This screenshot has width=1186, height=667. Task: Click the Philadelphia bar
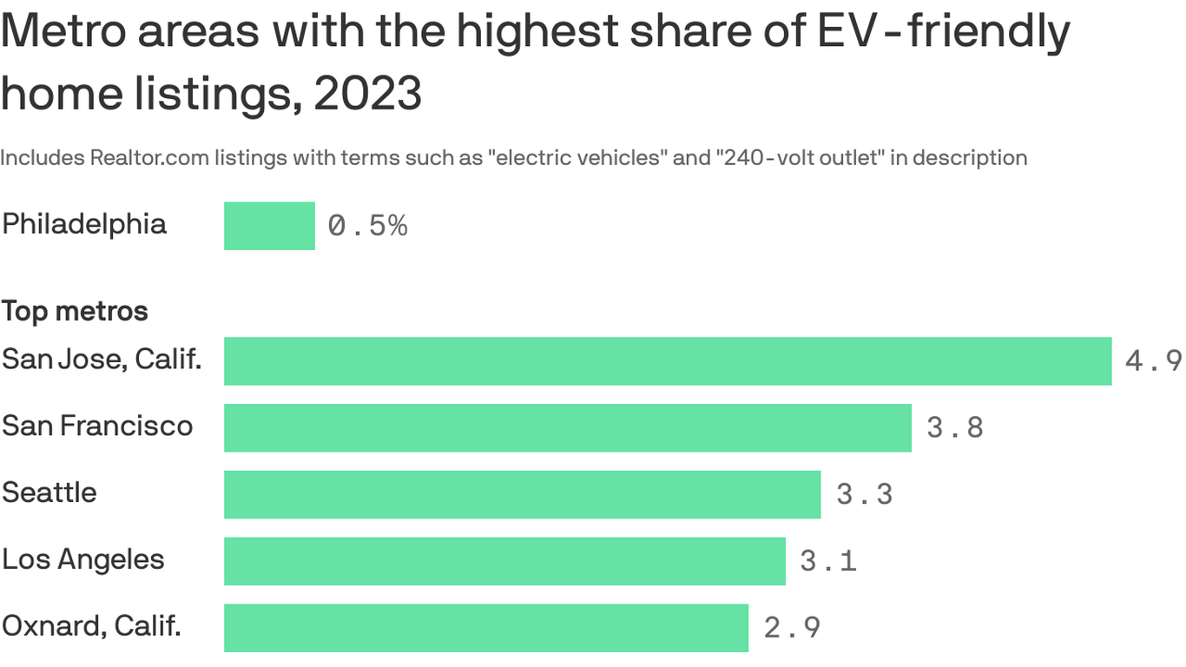[x=269, y=226]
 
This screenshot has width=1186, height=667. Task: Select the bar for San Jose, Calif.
[x=667, y=360]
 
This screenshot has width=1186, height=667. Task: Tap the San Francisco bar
[x=567, y=427]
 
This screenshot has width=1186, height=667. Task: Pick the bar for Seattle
[x=522, y=494]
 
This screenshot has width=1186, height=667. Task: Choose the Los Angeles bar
[x=504, y=560]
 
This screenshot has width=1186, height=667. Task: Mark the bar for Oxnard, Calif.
[x=485, y=627]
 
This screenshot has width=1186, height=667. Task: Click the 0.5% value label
[x=367, y=226]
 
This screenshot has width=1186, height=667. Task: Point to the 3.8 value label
[x=954, y=427]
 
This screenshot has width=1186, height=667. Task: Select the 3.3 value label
[x=864, y=494]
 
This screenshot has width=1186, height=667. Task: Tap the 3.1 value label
[x=827, y=560]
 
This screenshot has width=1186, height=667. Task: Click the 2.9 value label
[x=792, y=627]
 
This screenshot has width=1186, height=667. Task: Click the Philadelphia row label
[x=84, y=224]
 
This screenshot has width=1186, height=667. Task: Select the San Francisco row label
[x=97, y=426]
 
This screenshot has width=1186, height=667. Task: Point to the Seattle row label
[x=49, y=492]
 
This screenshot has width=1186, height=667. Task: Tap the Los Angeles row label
[x=83, y=559]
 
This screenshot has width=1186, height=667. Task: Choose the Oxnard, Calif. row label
[x=91, y=625]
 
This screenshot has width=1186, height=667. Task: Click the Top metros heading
[x=75, y=311]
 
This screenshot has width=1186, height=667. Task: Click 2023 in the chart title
[x=367, y=93]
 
